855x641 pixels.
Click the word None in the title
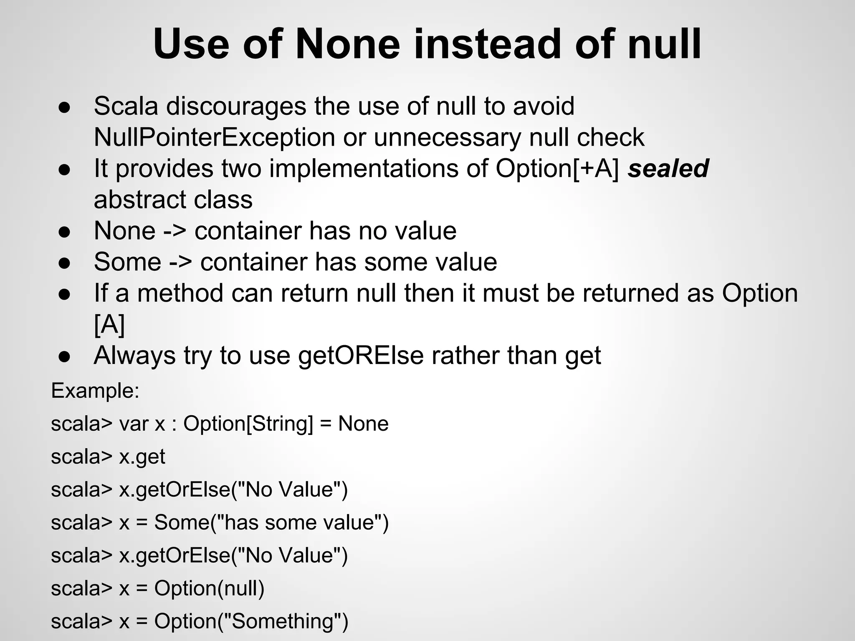348,44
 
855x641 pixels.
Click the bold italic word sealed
668,169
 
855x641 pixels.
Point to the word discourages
236,106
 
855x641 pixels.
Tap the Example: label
95,391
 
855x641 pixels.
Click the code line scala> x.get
108,457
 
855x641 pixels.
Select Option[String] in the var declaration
248,424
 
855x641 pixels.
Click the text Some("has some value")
271,522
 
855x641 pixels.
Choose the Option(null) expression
210,588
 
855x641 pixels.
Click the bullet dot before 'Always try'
64,356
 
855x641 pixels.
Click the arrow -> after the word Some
180,262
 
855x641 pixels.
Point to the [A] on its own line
109,324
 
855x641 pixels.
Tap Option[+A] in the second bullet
557,169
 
